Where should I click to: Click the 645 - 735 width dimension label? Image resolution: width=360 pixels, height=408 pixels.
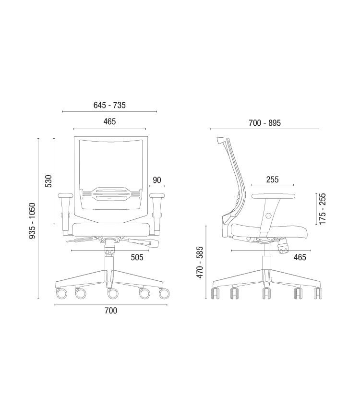(x=109, y=105)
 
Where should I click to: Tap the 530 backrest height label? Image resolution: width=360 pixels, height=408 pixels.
(x=48, y=181)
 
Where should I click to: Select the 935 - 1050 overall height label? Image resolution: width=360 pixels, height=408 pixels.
(x=32, y=221)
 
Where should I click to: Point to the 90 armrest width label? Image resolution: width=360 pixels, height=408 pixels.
(x=157, y=180)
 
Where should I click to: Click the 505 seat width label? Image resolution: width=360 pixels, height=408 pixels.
(x=137, y=257)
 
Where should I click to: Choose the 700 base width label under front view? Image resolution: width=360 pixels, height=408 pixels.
(x=111, y=311)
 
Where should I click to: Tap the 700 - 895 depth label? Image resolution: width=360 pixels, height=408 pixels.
(x=264, y=123)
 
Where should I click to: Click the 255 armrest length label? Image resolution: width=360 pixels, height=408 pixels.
(x=272, y=180)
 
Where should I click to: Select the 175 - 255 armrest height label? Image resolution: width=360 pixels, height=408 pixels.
(x=322, y=209)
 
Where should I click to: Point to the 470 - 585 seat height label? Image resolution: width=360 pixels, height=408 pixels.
(x=200, y=262)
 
